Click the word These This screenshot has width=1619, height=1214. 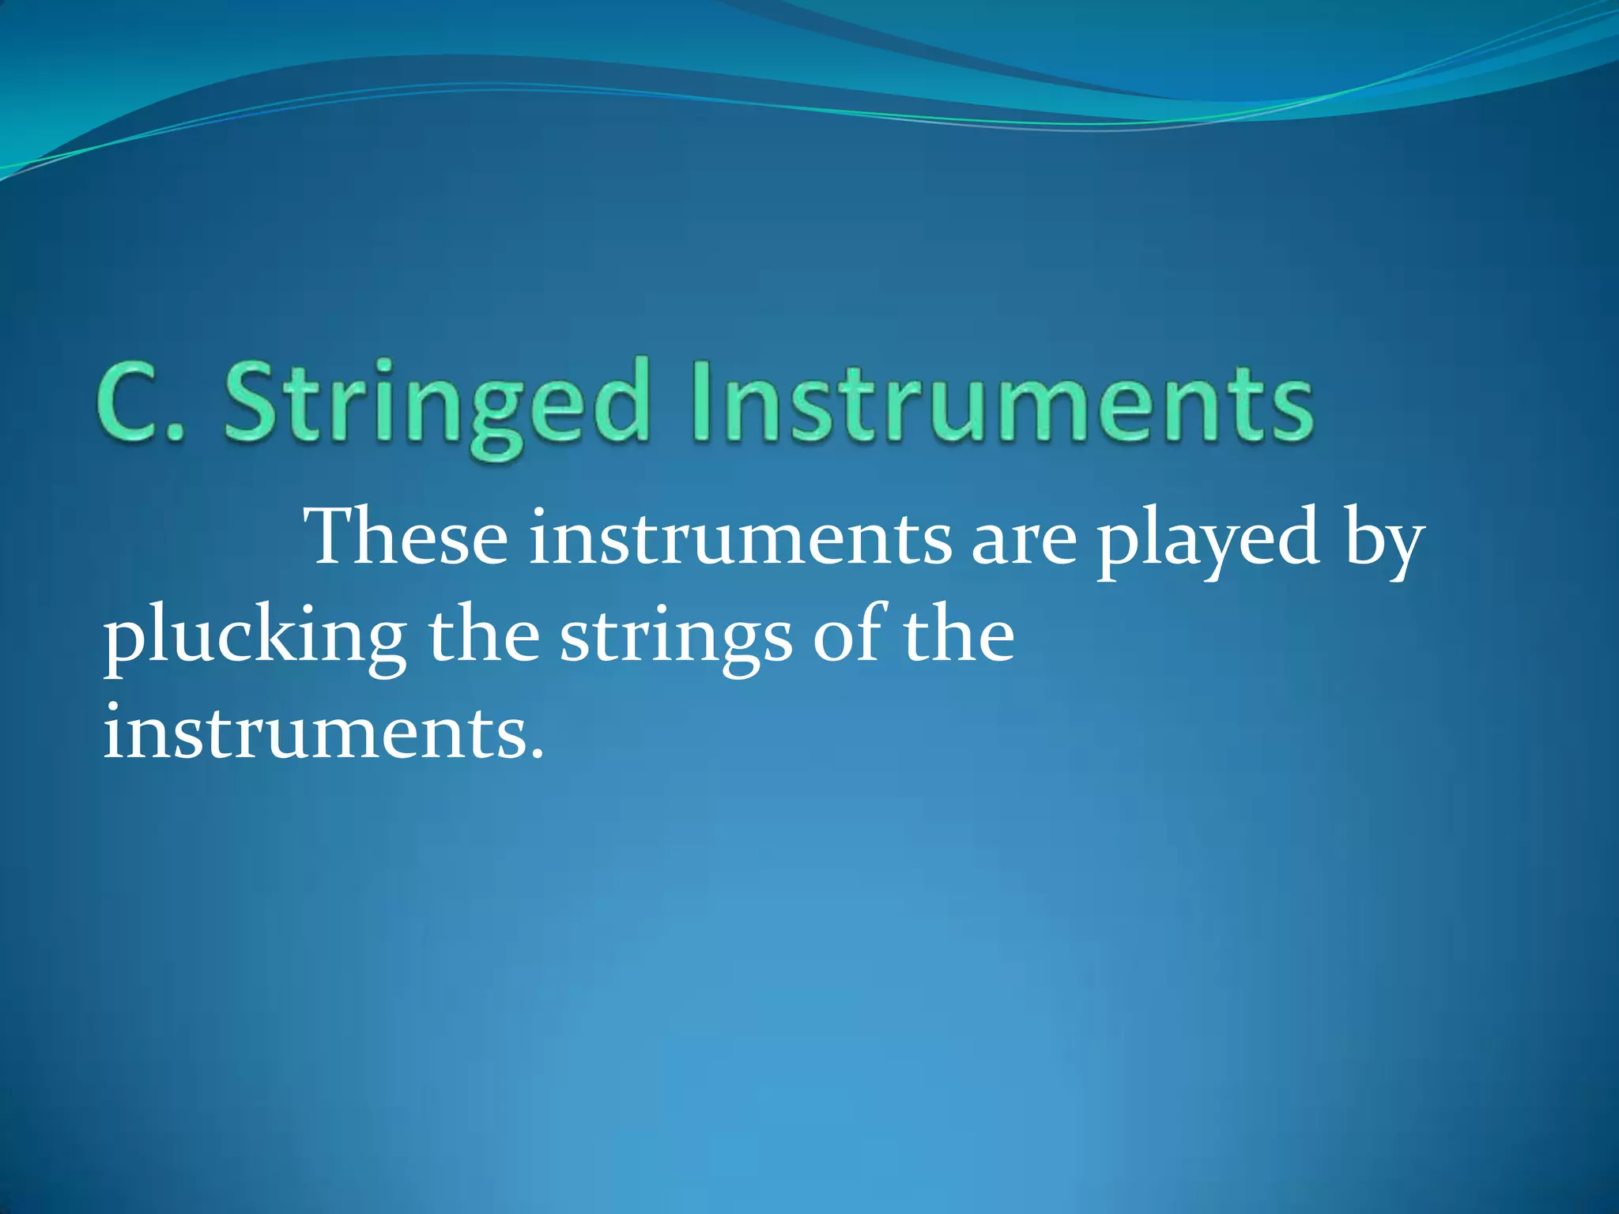408,537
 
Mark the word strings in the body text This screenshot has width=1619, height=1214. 676,640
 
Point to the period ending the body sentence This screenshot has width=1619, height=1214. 537,754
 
